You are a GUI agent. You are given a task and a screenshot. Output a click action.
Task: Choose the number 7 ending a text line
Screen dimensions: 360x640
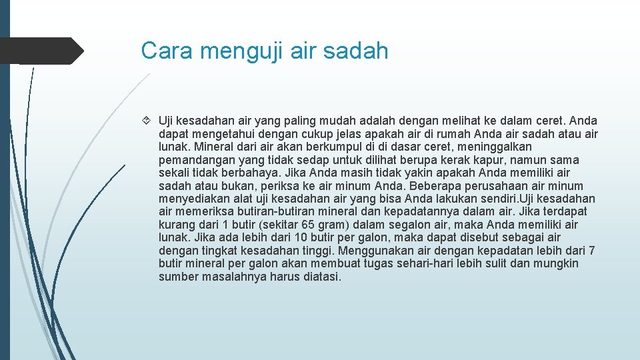point(592,251)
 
